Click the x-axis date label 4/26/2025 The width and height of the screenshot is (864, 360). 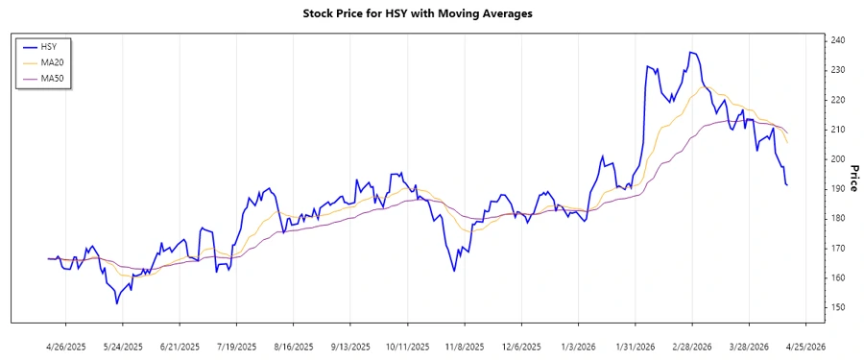click(66, 346)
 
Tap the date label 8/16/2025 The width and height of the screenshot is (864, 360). click(293, 346)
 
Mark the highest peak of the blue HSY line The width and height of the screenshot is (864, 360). click(690, 52)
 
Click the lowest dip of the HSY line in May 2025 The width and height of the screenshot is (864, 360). click(116, 303)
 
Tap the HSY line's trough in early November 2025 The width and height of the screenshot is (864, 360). click(454, 271)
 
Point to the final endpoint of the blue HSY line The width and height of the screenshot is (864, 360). click(787, 185)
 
